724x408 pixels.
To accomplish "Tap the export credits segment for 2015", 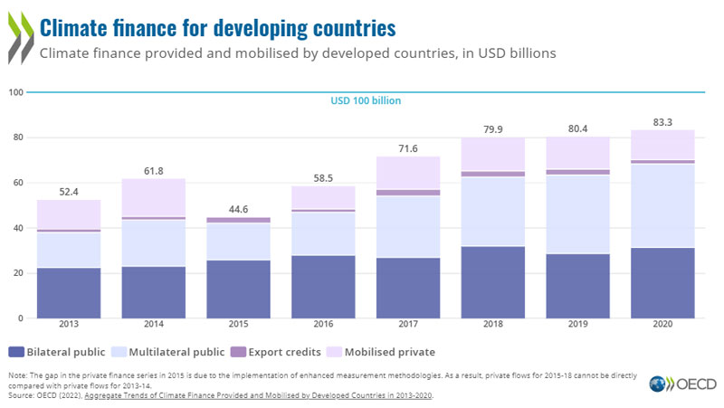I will coord(239,220).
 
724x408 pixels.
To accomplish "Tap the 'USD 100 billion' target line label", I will coord(364,100).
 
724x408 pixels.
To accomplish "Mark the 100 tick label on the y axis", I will coord(17,92).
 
